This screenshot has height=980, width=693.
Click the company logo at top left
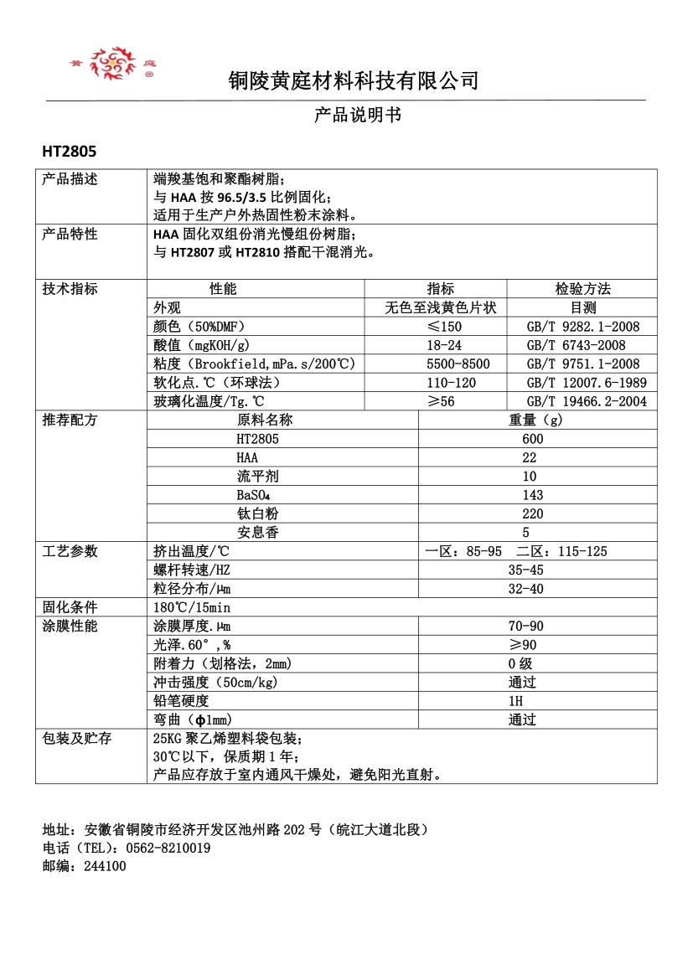pos(113,64)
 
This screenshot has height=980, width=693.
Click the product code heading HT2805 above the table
pos(70,152)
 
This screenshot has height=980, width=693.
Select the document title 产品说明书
pos(358,115)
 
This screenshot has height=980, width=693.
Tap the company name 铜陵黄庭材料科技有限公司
pos(354,80)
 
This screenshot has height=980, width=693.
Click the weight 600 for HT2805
pos(532,439)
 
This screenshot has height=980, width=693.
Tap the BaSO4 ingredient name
pos(258,495)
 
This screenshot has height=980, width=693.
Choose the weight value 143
pos(532,495)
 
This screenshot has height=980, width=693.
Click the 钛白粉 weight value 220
pos(532,513)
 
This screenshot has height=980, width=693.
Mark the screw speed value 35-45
pos(525,570)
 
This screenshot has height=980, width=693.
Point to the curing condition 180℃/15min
pos(192,607)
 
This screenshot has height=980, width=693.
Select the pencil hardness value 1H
pos(515,700)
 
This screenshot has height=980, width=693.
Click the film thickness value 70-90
pos(525,626)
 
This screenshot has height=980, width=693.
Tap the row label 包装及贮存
pos(77,738)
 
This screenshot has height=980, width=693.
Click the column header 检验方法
pos(582,289)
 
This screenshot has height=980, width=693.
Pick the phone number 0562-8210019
pos(168,848)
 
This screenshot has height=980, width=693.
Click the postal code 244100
pos(105,866)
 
